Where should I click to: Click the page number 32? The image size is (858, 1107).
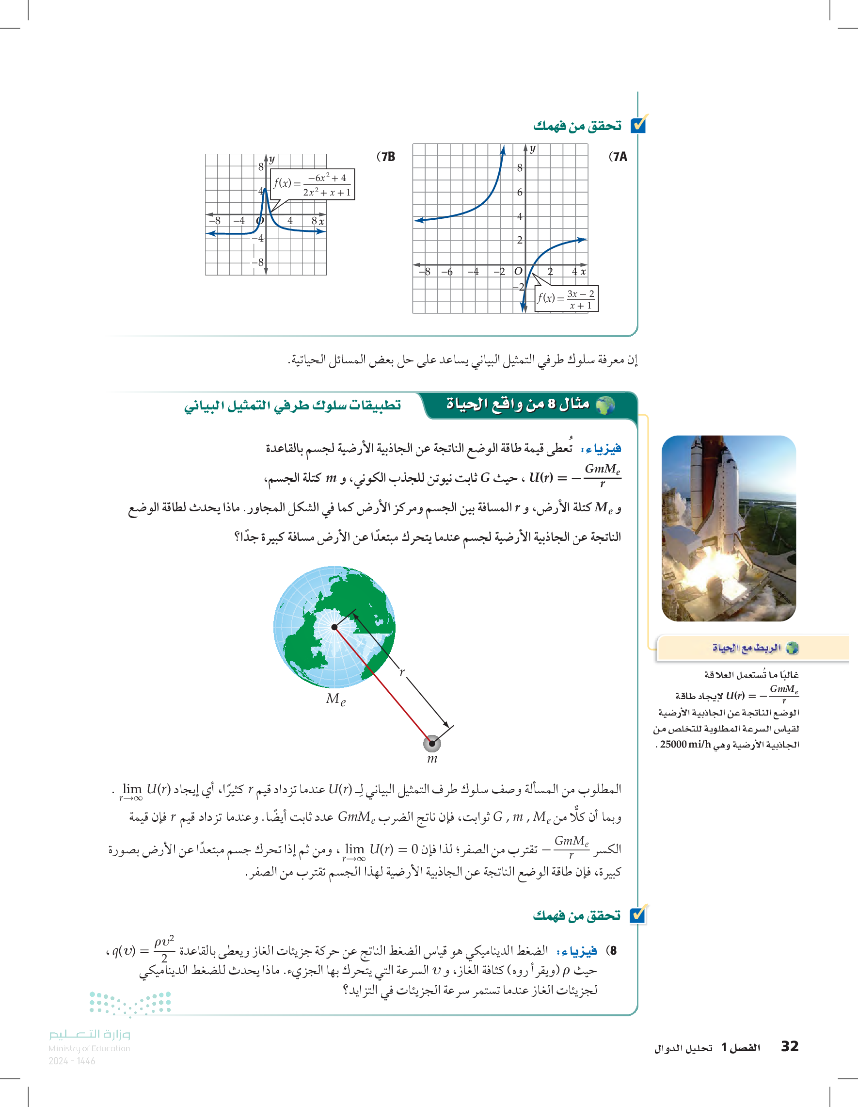[x=789, y=1046]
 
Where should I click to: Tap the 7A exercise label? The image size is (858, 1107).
[x=618, y=157]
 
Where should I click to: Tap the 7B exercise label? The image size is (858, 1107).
[x=386, y=157]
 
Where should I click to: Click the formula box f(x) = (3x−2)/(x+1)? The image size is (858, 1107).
[x=566, y=298]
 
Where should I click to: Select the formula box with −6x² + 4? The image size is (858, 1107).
[x=313, y=184]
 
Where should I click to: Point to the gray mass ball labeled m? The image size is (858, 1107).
[x=432, y=744]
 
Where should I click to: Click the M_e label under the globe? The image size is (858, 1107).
[x=335, y=700]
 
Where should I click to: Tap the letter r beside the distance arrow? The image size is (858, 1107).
[x=402, y=673]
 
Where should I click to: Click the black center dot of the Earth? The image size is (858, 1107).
[x=334, y=627]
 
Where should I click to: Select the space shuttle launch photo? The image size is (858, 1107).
[x=729, y=528]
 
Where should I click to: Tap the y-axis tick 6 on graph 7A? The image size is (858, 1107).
[x=519, y=192]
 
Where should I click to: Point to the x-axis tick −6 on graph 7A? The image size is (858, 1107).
[x=447, y=272]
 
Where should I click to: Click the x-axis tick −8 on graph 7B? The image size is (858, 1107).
[x=215, y=221]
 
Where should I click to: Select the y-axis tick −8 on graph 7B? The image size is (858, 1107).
[x=259, y=262]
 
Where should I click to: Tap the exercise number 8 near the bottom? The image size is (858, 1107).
[x=613, y=950]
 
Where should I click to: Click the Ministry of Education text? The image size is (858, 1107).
[x=89, y=1048]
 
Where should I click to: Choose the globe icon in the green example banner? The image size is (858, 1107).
[x=605, y=405]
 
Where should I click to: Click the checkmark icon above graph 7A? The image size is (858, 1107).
[x=639, y=124]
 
